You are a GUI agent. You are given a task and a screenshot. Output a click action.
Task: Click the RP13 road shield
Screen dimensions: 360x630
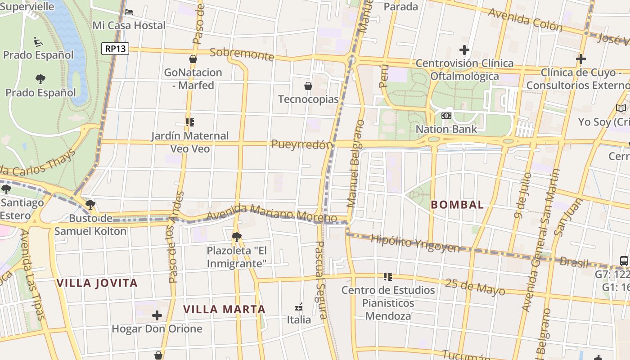click(115, 49)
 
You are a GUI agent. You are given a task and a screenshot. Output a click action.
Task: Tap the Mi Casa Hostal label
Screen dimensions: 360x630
click(129, 25)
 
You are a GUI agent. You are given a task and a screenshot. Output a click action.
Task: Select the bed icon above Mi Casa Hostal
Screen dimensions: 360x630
click(129, 12)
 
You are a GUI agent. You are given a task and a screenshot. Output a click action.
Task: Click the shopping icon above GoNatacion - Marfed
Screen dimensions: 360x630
click(193, 59)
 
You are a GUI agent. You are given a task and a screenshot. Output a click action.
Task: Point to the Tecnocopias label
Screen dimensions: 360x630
click(308, 99)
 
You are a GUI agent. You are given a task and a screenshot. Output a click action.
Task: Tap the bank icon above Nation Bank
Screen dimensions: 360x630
click(446, 116)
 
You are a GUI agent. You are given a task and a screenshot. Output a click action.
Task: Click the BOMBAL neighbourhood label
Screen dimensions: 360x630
click(457, 205)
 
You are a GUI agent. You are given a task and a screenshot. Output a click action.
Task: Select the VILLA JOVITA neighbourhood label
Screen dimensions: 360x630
click(97, 283)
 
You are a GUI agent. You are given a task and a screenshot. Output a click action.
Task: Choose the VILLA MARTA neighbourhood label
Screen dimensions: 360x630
click(225, 309)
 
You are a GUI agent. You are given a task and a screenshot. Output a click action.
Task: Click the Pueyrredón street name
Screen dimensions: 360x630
click(302, 144)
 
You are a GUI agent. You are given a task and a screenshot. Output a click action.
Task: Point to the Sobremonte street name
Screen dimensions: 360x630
click(242, 54)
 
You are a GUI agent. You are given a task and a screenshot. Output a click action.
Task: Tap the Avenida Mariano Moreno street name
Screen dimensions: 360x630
click(265, 213)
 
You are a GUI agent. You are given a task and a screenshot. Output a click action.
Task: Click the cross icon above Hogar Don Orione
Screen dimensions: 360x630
click(157, 315)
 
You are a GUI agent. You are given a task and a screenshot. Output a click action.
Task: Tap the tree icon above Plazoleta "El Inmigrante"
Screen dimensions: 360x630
click(236, 237)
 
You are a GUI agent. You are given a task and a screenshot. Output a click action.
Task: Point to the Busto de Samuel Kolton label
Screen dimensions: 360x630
click(90, 225)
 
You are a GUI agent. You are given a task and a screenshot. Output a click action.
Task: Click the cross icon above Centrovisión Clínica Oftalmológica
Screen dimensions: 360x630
click(464, 50)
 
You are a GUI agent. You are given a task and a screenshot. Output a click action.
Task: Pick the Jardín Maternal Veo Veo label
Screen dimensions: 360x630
click(190, 142)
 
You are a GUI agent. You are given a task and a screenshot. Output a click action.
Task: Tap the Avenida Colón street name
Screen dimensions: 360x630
click(525, 20)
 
